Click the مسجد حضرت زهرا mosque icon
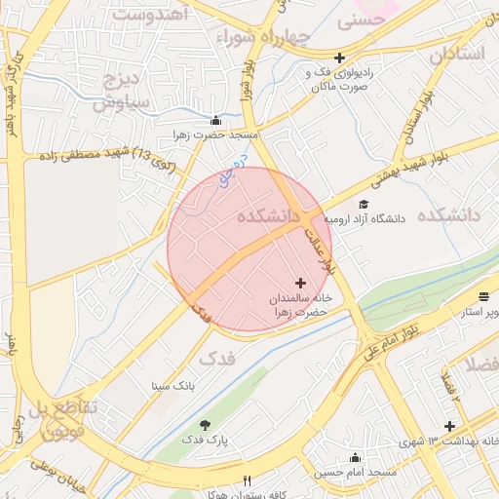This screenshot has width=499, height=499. [228, 120]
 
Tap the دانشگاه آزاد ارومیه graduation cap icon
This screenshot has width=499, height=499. [364, 205]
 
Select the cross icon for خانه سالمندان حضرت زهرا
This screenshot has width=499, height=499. [299, 282]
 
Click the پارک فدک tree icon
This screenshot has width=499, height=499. [205, 425]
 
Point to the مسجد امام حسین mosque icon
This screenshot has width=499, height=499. [355, 458]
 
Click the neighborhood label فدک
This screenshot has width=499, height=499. [216, 358]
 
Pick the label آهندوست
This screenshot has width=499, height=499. [151, 15]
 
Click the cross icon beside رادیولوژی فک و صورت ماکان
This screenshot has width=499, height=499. [339, 58]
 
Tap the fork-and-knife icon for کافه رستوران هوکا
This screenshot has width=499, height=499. [247, 481]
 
